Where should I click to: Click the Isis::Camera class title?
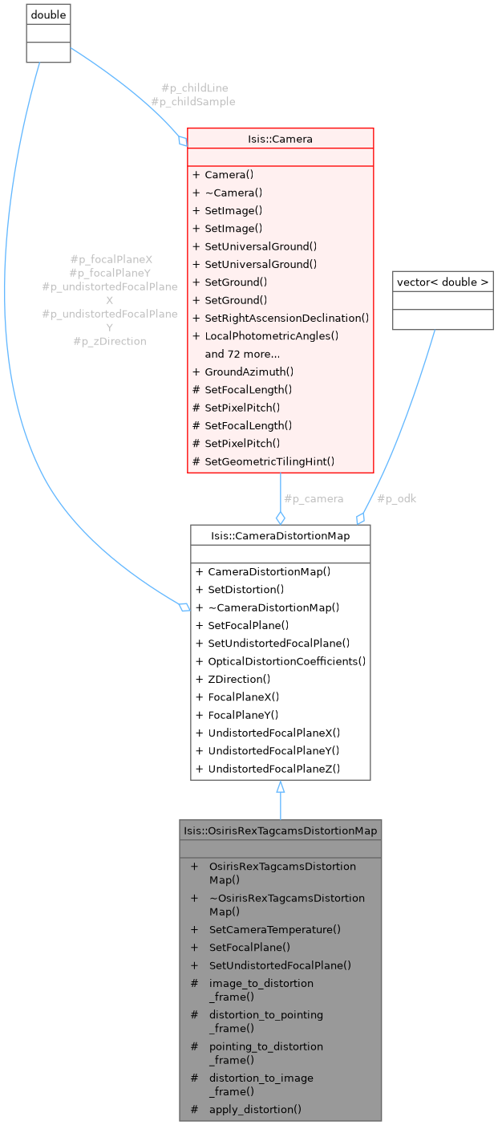280,139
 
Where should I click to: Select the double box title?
48,15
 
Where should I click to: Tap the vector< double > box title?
443,282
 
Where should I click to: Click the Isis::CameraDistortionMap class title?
280,535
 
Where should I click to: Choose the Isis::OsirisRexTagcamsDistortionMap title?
280,831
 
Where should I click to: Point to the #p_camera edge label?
314,498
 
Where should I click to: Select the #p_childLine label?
189,87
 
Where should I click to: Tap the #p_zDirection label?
110,341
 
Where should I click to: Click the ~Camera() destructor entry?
233,193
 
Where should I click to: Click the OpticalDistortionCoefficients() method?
286,661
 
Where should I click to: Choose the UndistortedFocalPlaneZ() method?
273,769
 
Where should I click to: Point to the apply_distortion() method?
255,1110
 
